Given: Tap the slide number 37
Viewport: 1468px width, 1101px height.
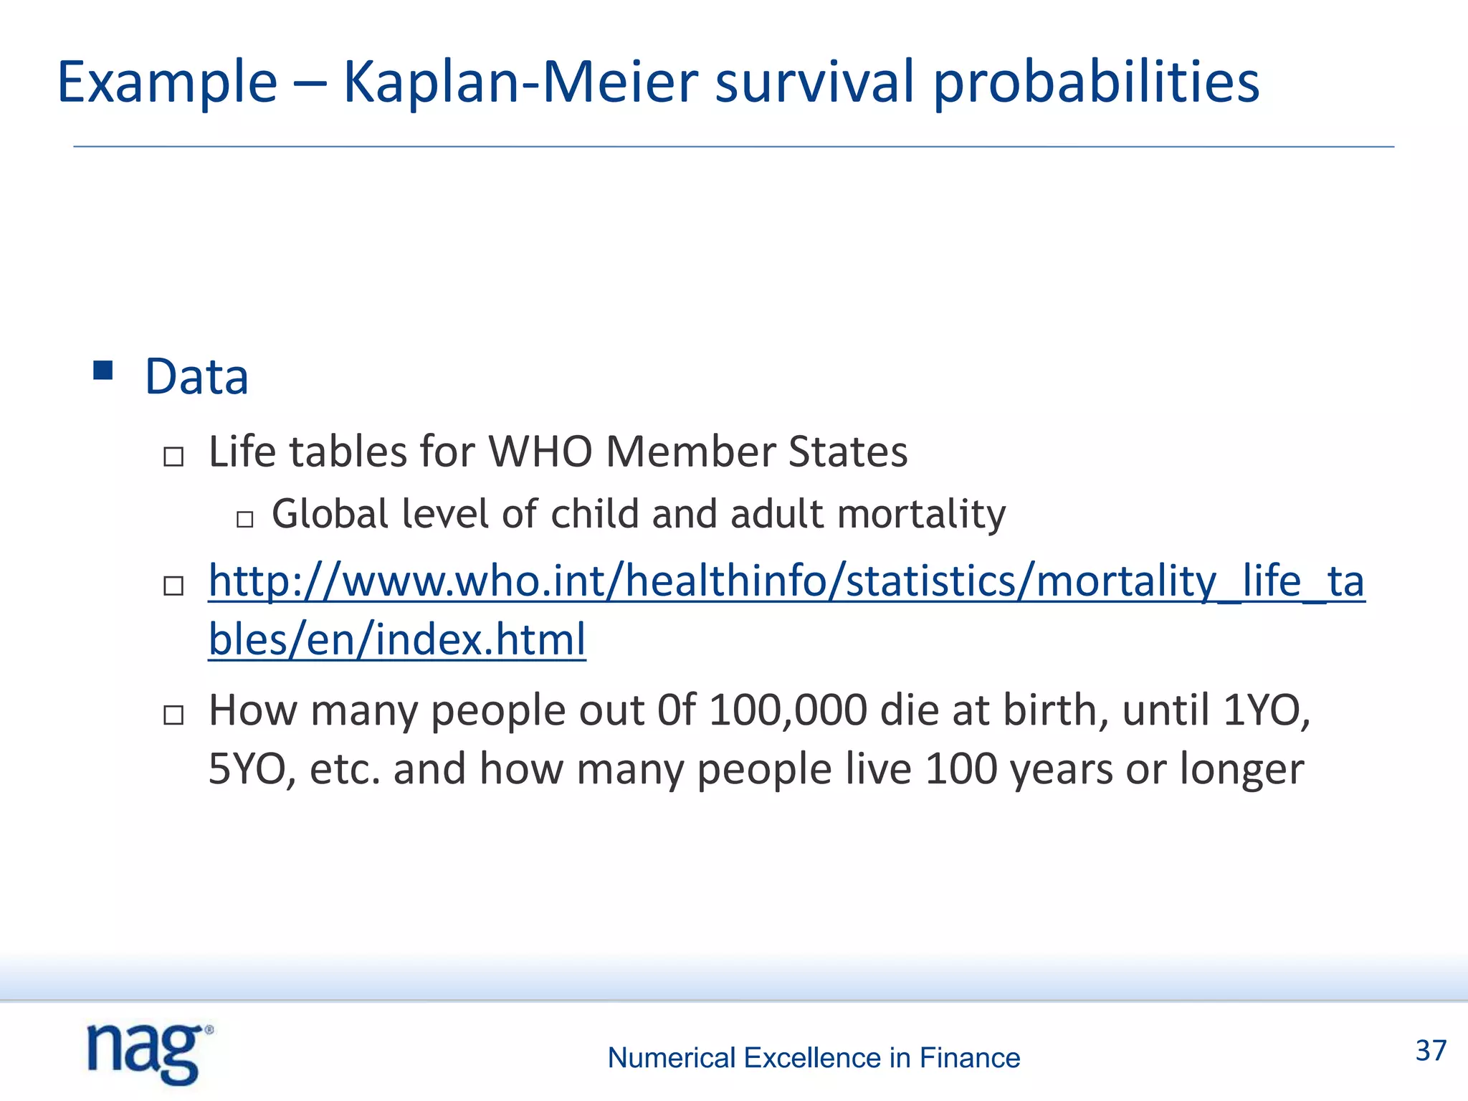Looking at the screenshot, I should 1431,1051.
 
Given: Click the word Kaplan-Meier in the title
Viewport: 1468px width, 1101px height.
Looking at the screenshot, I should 520,82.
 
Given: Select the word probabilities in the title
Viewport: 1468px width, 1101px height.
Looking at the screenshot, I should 1096,82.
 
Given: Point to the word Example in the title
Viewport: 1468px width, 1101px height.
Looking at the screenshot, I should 167,82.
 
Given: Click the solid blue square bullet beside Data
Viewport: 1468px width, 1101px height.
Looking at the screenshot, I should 103,371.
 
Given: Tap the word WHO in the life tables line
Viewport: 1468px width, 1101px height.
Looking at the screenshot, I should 540,452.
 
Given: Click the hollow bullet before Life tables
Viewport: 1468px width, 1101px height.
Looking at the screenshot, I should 173,457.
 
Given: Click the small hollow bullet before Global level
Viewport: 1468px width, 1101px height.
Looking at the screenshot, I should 245,519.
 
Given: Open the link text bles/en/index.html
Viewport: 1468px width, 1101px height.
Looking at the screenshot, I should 397,639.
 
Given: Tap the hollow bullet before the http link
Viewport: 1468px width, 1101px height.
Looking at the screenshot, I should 173,586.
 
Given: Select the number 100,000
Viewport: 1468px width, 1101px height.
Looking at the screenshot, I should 788,710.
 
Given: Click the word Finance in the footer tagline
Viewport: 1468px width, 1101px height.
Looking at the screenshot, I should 969,1058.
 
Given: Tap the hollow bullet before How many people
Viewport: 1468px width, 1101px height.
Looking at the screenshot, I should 173,715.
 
